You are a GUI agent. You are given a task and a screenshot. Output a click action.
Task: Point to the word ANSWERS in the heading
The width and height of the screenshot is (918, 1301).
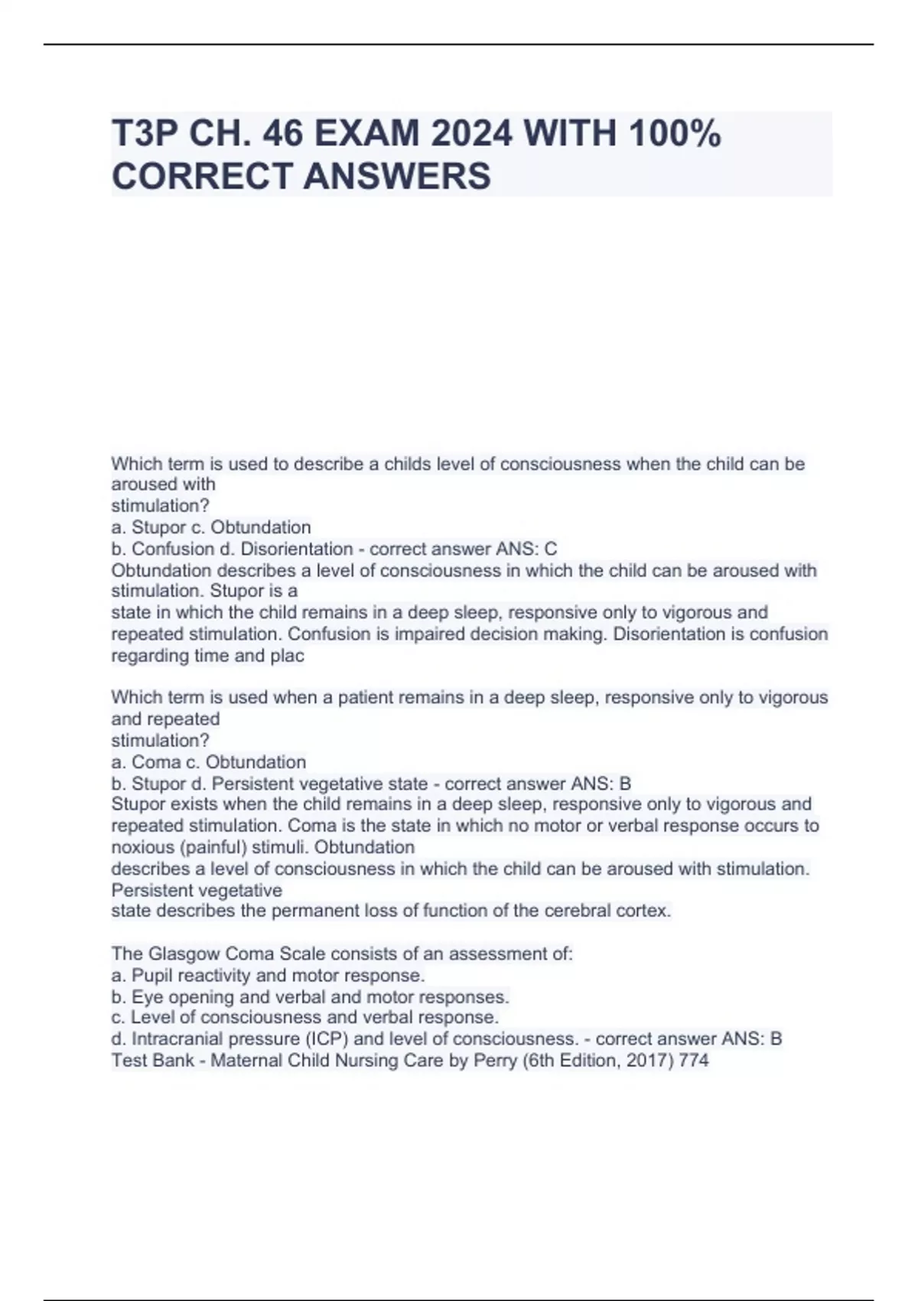pos(397,176)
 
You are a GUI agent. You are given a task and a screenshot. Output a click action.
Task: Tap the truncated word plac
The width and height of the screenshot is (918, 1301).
pos(287,655)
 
